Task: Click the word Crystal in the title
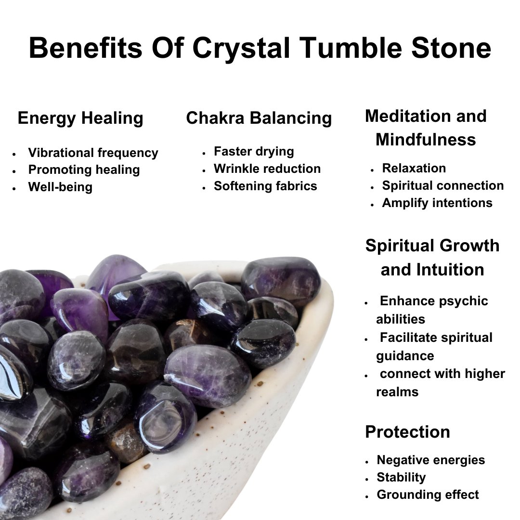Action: [242, 48]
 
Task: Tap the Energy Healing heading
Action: [80, 118]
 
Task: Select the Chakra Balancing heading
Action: [259, 118]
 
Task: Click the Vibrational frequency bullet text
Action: [93, 153]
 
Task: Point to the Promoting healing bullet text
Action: [84, 169]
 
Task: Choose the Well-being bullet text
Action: [60, 187]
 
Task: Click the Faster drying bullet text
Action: [254, 151]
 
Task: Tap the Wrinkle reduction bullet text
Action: [267, 169]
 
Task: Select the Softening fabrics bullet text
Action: [265, 186]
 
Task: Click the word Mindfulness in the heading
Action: [426, 140]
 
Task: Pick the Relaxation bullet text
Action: [414, 168]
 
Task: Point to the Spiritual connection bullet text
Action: [443, 185]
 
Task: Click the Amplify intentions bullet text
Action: [437, 203]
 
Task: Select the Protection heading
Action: [407, 432]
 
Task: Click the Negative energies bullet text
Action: [431, 460]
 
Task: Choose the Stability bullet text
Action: [401, 477]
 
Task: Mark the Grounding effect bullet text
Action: [428, 494]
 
